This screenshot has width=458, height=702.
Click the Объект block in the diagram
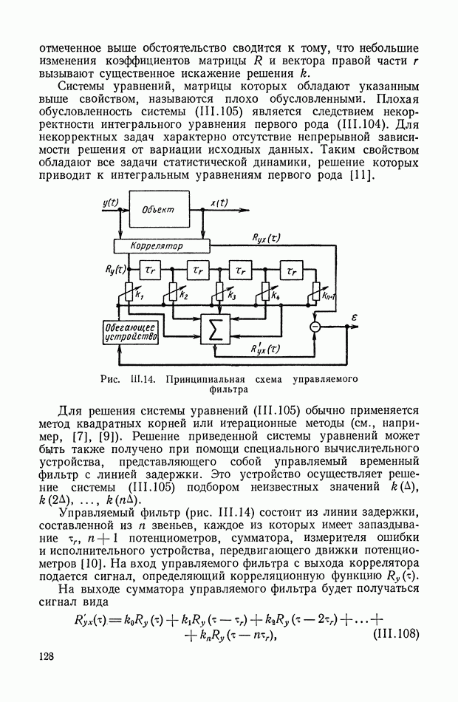tap(158, 209)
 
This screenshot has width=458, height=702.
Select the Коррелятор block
tap(157, 245)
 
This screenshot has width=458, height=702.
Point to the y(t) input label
tap(112, 202)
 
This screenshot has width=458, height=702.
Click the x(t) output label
tap(219, 202)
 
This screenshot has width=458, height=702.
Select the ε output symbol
tap(354, 317)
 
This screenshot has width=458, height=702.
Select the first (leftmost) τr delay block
tap(152, 271)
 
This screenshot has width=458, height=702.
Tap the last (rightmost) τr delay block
tap(291, 271)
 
